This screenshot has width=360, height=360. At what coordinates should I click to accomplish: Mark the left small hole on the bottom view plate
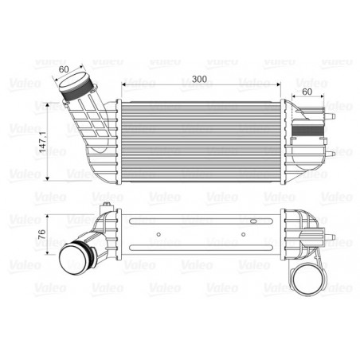[162, 234]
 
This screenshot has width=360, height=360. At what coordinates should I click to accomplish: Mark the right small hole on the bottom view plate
[243, 234]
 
